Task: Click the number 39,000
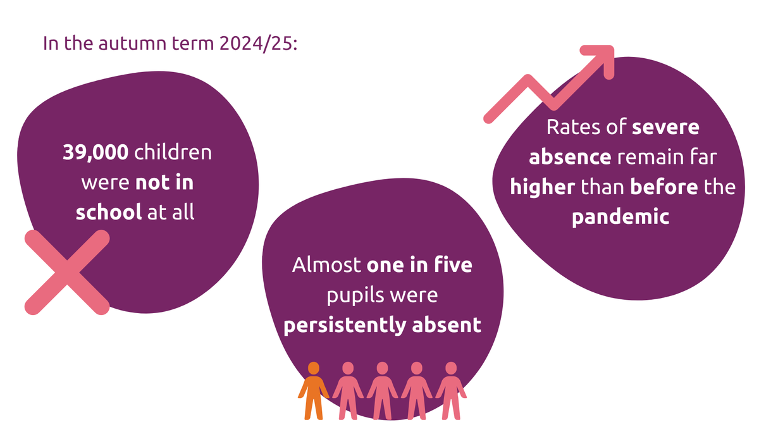(96, 152)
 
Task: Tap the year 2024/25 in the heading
(258, 44)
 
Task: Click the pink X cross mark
(67, 273)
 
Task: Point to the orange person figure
(314, 390)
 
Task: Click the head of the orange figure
(314, 368)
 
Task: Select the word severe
(665, 127)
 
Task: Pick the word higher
(543, 187)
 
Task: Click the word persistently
(345, 325)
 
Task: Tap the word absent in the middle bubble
(447, 325)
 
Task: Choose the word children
(173, 152)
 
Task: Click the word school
(108, 212)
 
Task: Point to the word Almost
(326, 264)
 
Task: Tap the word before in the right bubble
(664, 187)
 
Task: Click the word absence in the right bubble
(570, 157)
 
